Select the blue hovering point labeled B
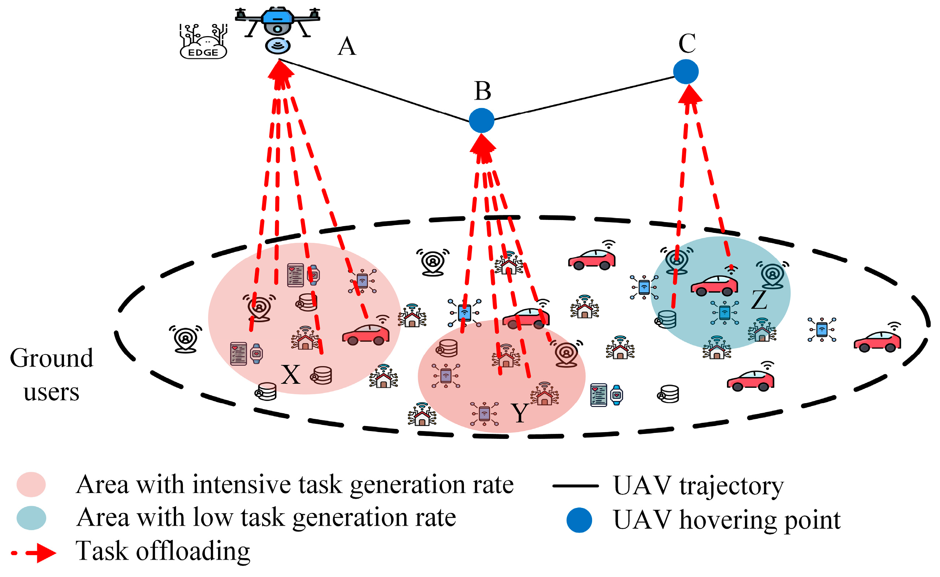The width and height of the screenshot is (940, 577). pyautogui.click(x=481, y=121)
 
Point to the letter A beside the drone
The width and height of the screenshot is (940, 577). pyautogui.click(x=347, y=47)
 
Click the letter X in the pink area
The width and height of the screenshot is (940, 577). pyautogui.click(x=291, y=375)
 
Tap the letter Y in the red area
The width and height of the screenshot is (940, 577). pyautogui.click(x=520, y=413)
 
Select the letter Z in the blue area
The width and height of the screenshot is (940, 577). pyautogui.click(x=759, y=300)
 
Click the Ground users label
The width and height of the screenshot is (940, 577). pyautogui.click(x=52, y=375)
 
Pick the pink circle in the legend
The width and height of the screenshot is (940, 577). pyautogui.click(x=31, y=485)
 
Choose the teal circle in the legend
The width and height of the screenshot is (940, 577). pyautogui.click(x=31, y=518)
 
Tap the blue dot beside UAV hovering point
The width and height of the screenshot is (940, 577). pyautogui.click(x=579, y=520)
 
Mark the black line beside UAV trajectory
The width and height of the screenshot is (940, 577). pyautogui.click(x=575, y=486)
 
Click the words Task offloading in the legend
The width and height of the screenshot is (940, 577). pyautogui.click(x=163, y=552)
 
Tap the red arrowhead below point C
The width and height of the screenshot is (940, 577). pyautogui.click(x=690, y=94)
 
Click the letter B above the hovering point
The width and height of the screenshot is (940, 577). pyautogui.click(x=483, y=91)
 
